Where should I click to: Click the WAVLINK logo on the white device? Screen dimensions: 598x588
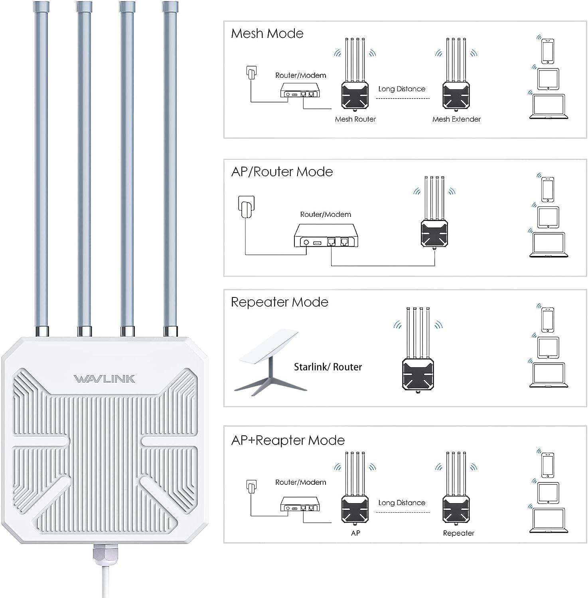click(x=105, y=379)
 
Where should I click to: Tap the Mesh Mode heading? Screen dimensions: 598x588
click(x=267, y=33)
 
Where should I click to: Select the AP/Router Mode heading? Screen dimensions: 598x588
click(x=282, y=172)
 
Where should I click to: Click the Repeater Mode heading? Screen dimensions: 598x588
click(x=279, y=302)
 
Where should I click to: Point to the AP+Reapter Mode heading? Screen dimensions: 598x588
click(x=288, y=440)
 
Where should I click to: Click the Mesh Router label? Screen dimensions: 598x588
click(x=355, y=119)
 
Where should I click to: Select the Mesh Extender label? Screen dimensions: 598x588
click(x=456, y=119)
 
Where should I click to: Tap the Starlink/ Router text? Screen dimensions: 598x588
click(x=328, y=367)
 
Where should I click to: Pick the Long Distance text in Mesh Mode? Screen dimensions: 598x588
click(x=402, y=89)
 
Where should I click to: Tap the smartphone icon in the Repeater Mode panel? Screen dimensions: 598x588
click(x=548, y=319)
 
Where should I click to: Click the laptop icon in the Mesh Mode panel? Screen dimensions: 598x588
click(x=548, y=106)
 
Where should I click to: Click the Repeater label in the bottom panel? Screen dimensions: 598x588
click(x=458, y=533)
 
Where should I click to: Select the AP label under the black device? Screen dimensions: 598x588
click(x=355, y=533)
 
